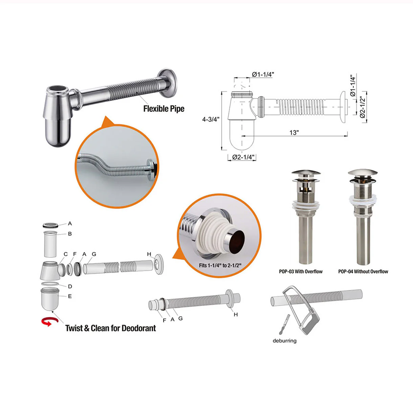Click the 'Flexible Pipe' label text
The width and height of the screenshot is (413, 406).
tap(164, 109)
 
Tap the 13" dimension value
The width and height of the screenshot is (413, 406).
tap(294, 133)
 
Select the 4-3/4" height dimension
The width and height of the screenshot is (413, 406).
tap(211, 119)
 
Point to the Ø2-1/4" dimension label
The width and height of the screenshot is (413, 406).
tap(243, 157)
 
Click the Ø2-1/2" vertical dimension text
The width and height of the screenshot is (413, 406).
tap(363, 107)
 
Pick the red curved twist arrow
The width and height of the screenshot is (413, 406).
tap(50, 322)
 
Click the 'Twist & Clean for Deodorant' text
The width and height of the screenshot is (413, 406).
tap(111, 328)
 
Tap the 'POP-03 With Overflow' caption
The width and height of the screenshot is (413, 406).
tap(301, 271)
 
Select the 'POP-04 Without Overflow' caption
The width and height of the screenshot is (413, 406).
tap(363, 271)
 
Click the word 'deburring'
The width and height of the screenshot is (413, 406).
tap(285, 341)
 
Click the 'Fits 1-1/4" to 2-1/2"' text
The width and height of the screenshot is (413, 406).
tap(220, 266)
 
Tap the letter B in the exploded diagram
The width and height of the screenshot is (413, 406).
tap(70, 234)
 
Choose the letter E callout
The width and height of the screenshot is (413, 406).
tap(70, 296)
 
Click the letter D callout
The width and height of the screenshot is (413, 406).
tap(70, 287)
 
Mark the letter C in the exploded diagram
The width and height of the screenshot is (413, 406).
tap(66, 254)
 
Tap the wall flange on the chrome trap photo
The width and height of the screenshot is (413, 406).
tap(168, 83)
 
